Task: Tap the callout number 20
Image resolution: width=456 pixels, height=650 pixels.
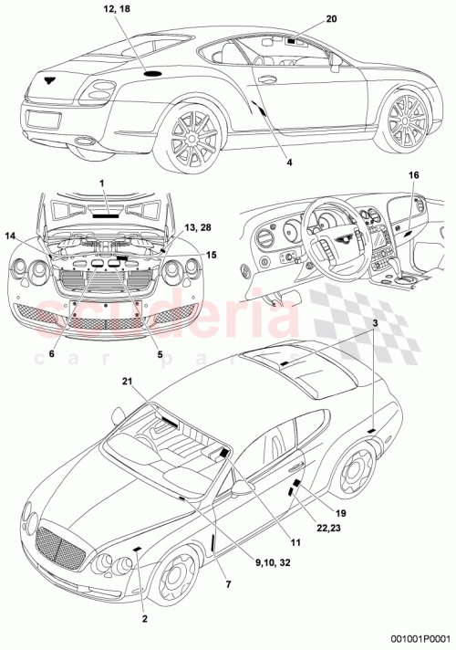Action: (x=331, y=19)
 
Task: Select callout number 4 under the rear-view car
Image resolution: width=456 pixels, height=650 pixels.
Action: (x=288, y=162)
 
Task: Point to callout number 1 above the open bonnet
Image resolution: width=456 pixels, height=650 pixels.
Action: (x=102, y=184)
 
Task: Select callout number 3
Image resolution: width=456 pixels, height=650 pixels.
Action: (x=374, y=325)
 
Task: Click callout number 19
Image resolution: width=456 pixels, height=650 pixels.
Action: (x=341, y=513)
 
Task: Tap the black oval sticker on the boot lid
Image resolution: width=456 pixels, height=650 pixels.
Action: (x=153, y=72)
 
